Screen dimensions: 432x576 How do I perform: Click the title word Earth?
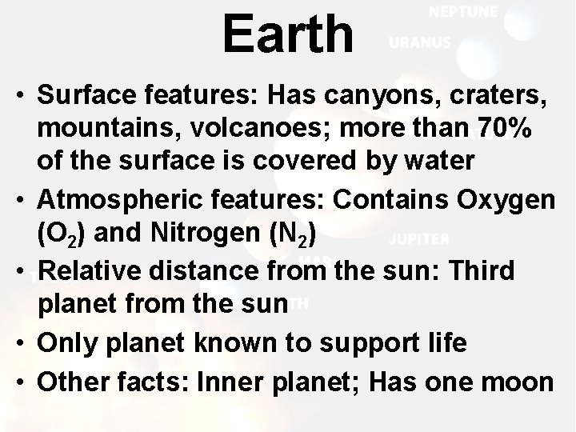pos(287,34)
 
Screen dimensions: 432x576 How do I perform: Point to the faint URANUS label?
pos(419,43)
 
